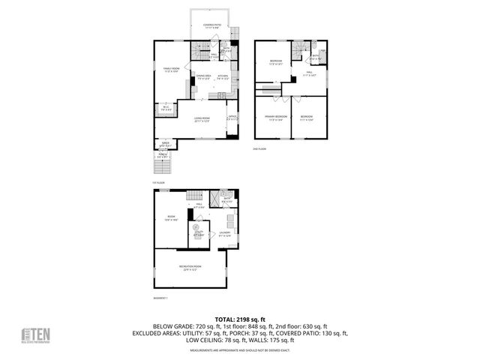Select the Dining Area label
click(202, 76)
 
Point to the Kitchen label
click(223, 76)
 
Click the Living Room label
click(201, 119)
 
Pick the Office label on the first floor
click(232, 117)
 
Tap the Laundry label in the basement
click(224, 234)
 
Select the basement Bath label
click(228, 199)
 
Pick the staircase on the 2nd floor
click(298, 49)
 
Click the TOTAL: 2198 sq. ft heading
click(239, 319)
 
